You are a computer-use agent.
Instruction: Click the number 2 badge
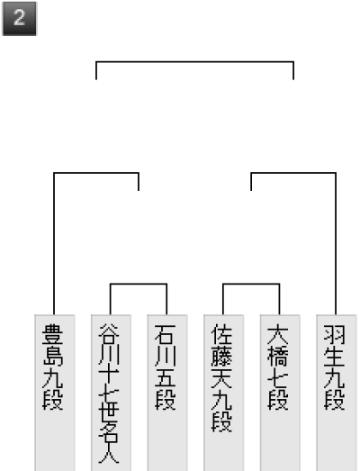point(20,19)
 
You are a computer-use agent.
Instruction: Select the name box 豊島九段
point(55,393)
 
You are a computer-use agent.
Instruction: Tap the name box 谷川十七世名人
point(111,393)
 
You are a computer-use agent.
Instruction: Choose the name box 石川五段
point(167,393)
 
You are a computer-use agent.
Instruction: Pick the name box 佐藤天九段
point(224,393)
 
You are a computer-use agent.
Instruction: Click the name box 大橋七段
point(280,393)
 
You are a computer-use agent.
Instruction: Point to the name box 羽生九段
point(337,393)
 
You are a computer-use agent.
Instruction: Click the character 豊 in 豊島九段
point(53,334)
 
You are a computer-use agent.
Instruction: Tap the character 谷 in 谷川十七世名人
point(109,334)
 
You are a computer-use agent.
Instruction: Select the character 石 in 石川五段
point(166,334)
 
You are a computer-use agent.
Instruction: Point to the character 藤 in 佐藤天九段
point(222,357)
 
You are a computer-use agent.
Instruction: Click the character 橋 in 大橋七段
point(278,357)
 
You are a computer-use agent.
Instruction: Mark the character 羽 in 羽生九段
point(335,334)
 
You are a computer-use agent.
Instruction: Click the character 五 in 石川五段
point(166,378)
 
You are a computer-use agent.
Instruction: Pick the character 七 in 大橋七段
point(278,378)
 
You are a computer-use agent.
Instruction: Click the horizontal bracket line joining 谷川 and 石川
point(139,284)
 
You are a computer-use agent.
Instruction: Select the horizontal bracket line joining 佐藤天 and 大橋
point(251,284)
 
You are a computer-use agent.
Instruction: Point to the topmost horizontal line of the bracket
point(195,62)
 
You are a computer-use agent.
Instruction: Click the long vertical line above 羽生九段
point(336,244)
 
